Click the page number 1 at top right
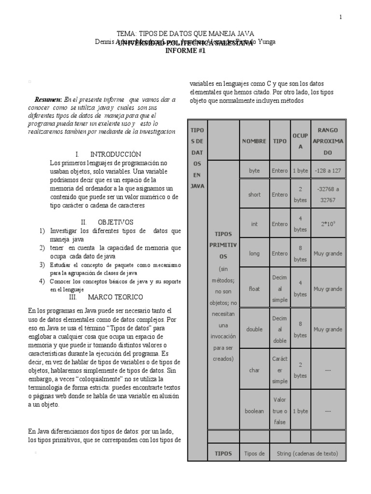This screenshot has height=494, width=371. pos(341,17)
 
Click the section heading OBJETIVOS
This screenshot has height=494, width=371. pos(115,222)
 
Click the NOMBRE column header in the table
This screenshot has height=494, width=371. pos(254,141)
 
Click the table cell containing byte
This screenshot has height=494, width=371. pos(254,171)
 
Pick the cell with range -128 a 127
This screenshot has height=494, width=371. pos(328,171)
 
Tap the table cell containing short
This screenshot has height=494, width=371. pos(254,194)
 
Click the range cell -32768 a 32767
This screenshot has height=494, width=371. pos(328,194)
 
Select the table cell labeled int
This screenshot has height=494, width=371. pos(254,223)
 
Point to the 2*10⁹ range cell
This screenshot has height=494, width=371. pos(328,224)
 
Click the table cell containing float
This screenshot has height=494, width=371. pos(254,288)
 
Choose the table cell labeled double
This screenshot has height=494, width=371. pos(254,329)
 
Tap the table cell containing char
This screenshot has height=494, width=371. pos(254,370)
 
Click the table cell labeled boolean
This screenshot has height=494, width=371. pos(254,411)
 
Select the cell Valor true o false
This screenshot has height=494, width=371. pos(280,411)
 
